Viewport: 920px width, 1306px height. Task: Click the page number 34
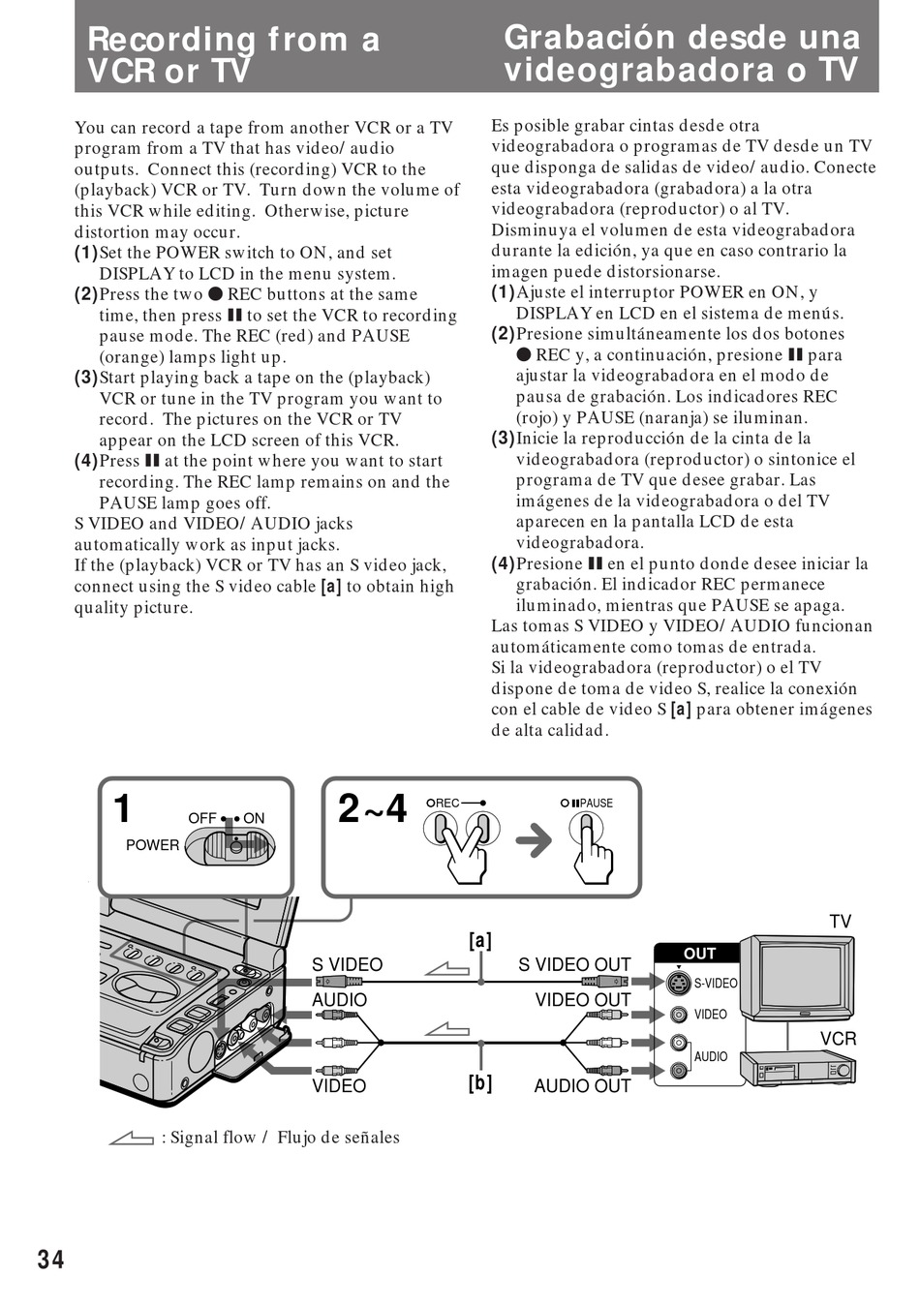[51, 1259]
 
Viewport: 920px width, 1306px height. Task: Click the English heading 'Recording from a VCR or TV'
[233, 54]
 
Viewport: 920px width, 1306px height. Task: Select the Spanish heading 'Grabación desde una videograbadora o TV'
[681, 53]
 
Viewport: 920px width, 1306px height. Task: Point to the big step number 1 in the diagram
[122, 809]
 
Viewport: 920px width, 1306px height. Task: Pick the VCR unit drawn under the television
[798, 1068]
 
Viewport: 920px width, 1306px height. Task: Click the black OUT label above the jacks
[699, 954]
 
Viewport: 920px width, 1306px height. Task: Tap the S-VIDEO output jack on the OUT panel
[679, 984]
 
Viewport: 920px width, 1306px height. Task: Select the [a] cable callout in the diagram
[480, 941]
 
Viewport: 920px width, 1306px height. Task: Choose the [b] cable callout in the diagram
[480, 1083]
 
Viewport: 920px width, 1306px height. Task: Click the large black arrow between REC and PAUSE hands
[534, 840]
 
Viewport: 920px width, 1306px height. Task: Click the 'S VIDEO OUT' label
[574, 965]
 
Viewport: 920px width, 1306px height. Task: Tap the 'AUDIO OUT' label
[582, 1086]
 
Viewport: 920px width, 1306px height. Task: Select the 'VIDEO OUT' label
[583, 1000]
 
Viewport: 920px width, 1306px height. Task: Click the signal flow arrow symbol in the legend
[132, 1139]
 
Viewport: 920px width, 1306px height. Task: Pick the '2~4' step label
[373, 808]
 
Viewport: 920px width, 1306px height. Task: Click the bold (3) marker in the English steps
[86, 378]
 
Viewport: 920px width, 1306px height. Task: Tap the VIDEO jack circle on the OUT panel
[679, 1015]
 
